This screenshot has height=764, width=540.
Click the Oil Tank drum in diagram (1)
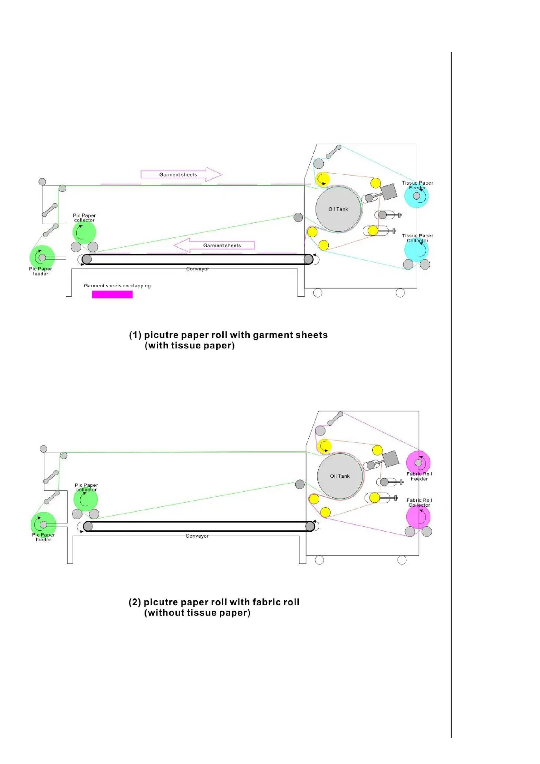(x=338, y=209)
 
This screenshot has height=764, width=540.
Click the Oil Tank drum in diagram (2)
(x=340, y=476)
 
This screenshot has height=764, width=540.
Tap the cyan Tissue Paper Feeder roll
(x=416, y=196)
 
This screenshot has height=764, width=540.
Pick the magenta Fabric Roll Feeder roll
(x=418, y=462)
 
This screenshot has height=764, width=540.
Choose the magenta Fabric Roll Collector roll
(x=418, y=517)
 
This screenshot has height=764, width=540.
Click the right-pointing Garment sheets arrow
(x=181, y=174)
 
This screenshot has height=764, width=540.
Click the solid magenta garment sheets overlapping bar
(x=112, y=294)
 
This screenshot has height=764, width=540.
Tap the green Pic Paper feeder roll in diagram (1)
(x=42, y=257)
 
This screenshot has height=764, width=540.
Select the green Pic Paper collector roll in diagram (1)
(x=84, y=232)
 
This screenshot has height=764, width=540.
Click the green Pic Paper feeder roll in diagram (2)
(x=44, y=524)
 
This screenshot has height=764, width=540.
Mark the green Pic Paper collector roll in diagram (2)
(x=86, y=500)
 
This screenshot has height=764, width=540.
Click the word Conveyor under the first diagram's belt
(x=197, y=269)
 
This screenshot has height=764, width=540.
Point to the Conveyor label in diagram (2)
(x=197, y=536)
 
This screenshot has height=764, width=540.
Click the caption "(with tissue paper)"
(x=190, y=346)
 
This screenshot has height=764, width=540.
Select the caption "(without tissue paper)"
(x=197, y=613)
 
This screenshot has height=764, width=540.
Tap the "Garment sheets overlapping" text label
(x=117, y=286)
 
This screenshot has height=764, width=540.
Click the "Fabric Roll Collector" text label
(x=419, y=503)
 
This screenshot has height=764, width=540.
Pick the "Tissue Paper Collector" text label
(x=417, y=238)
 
